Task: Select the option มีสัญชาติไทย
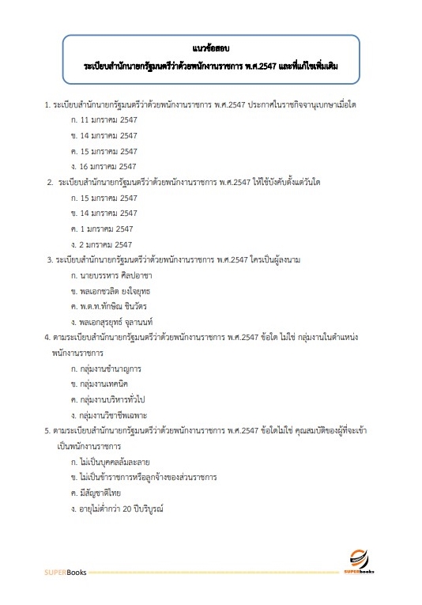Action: tap(99, 492)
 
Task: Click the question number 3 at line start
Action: tap(49, 259)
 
